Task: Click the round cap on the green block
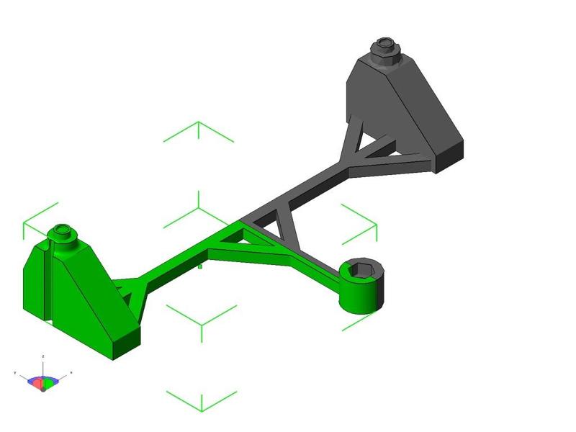click(63, 233)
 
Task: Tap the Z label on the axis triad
click(44, 356)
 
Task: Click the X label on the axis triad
click(71, 372)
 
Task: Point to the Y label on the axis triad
click(15, 372)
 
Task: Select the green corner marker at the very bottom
click(202, 400)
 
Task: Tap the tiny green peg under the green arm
click(200, 266)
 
